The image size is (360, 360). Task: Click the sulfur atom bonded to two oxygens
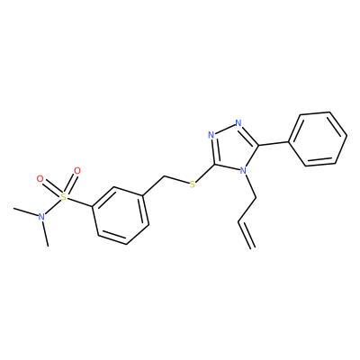63,197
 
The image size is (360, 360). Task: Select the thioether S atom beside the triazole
193,184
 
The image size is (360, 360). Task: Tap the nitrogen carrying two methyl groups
41,217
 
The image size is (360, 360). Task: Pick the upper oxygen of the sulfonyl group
77,171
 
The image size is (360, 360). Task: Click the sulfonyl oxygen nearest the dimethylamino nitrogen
40,179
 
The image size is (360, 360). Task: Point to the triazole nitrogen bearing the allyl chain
244,171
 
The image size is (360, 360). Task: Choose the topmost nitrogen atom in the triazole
238,123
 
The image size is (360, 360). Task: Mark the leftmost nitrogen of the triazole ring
211,135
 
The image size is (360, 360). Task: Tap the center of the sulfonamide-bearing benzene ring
121,216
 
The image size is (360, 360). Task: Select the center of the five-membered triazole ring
233,148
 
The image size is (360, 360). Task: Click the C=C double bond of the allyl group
247,235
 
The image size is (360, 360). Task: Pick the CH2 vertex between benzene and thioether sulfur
164,176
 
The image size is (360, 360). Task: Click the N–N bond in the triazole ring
225,129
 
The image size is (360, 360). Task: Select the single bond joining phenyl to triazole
274,143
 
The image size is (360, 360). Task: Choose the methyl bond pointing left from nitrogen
26,212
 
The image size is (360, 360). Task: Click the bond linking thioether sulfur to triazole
205,173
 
